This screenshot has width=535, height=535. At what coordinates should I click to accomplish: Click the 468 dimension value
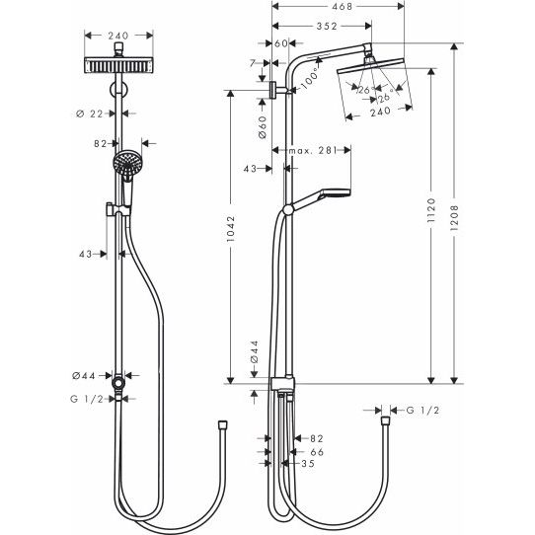(342, 6)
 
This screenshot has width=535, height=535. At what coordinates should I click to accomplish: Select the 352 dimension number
(327, 27)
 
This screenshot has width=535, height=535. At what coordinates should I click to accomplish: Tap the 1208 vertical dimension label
(454, 218)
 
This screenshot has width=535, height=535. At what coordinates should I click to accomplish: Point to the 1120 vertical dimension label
(431, 210)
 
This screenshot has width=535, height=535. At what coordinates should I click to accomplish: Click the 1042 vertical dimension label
(231, 229)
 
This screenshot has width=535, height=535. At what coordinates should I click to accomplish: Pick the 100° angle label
(310, 79)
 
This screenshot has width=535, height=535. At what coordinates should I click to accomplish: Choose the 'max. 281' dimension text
(313, 150)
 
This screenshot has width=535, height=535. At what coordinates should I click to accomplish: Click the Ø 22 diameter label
(90, 114)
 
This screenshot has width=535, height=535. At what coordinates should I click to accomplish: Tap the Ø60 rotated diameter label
(263, 127)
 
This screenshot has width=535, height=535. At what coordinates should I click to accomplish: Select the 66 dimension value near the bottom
(317, 452)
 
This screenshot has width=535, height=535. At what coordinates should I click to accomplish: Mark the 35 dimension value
(308, 463)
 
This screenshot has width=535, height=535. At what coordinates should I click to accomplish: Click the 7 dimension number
(253, 63)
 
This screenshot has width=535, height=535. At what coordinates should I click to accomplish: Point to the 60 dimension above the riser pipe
(281, 43)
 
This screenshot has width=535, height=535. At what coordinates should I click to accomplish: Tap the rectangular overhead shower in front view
(118, 65)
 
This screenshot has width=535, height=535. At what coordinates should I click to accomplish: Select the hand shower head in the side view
(335, 192)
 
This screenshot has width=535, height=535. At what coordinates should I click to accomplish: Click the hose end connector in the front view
(223, 425)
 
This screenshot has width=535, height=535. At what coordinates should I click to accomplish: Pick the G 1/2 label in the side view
(422, 410)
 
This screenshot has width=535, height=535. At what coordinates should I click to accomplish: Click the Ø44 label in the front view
(84, 376)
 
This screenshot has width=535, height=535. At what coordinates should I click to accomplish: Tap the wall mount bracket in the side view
(273, 90)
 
